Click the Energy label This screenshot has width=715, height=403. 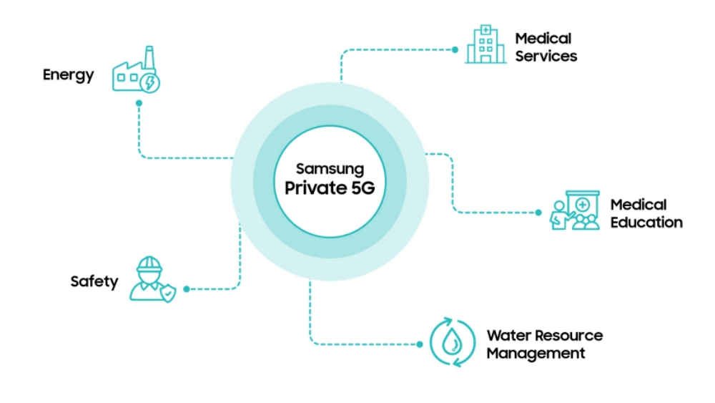pos(69,75)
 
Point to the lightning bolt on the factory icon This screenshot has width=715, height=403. pos(149,83)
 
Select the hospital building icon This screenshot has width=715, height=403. pos(485,44)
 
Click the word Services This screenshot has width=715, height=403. pos(546,56)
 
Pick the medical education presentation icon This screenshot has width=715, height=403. pos(575,210)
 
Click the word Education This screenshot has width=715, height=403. pos(646,223)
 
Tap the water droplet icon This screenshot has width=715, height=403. pos(453,342)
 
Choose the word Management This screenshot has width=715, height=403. pos(536,354)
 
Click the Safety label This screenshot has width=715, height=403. pos(94,281)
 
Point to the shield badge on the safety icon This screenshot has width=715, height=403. pos(168,293)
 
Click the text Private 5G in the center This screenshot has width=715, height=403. pos(330,188)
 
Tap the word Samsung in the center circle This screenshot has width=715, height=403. pos(330,169)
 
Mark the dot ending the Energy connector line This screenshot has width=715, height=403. pos(139,103)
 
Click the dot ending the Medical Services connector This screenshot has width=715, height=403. pos(455,49)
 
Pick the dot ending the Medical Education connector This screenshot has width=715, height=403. pos(538,212)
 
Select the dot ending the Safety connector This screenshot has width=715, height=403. pos(187,289)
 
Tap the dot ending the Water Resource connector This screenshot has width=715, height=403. pos(420,344)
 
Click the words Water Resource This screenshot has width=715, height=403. pos(544,336)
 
